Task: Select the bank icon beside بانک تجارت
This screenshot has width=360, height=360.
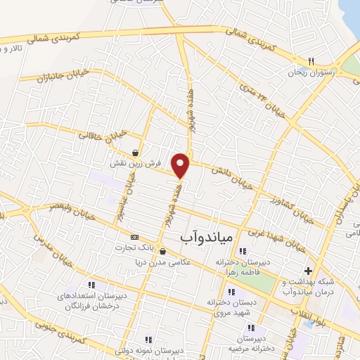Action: point(135,237)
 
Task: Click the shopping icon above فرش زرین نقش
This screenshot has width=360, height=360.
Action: point(135,153)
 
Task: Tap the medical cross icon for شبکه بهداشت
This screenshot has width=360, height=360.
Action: point(308,271)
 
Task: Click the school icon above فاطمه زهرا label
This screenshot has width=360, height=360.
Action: point(243,251)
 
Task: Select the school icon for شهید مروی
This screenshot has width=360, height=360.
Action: point(231,292)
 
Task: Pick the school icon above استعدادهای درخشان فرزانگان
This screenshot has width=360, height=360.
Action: point(92,285)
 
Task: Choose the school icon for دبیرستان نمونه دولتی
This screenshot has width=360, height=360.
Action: point(148,339)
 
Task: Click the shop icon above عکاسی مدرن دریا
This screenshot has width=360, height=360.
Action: point(162,251)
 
